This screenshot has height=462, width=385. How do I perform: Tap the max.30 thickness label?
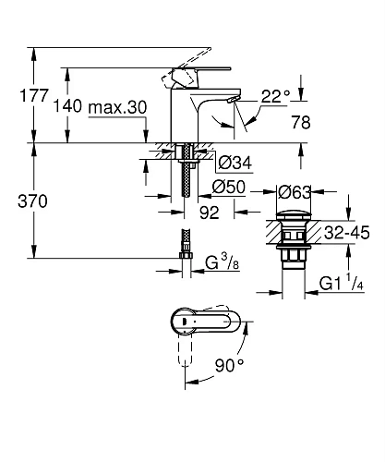(119, 108)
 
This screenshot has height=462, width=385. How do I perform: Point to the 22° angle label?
(275, 95)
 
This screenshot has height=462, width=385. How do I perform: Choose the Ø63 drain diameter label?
(294, 192)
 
